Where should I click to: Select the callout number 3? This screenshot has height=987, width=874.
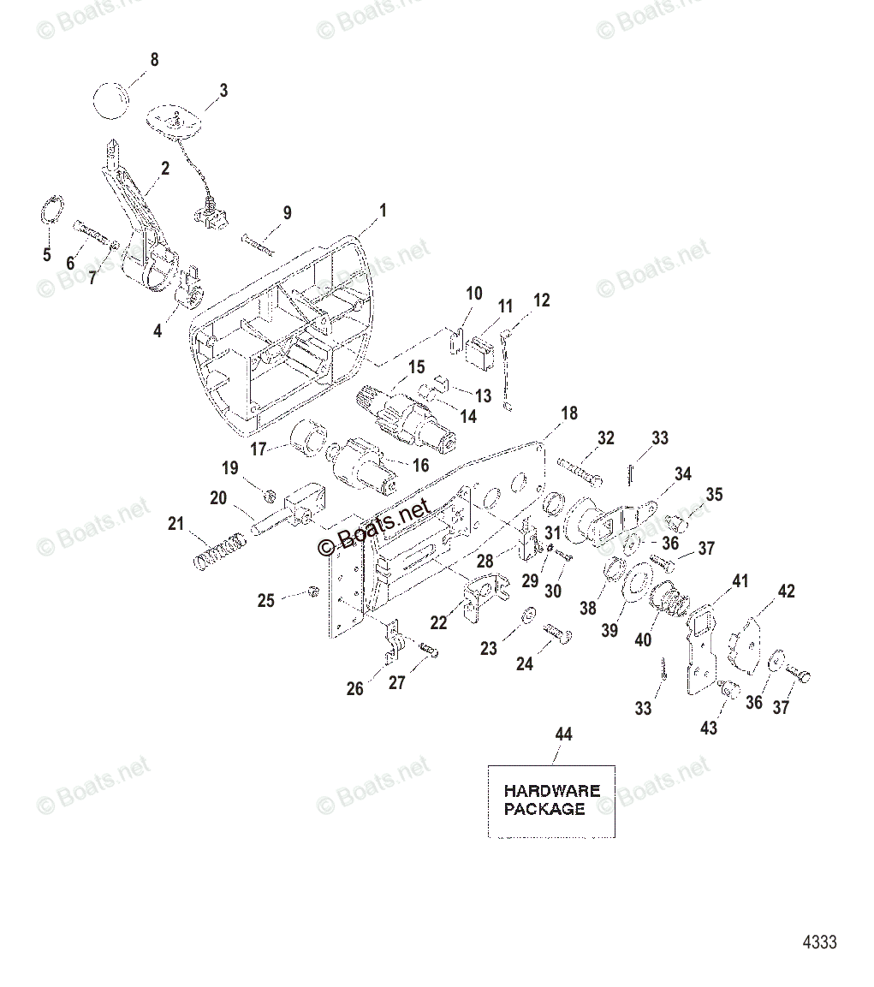coord(223,90)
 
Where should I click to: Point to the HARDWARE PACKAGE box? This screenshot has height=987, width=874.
coord(551,800)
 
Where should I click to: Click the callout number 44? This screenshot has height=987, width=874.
coord(563,734)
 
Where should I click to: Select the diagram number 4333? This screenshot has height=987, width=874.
coord(818,942)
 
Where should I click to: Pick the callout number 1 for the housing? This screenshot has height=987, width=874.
coord(383,210)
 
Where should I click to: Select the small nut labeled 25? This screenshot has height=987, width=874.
coord(313,591)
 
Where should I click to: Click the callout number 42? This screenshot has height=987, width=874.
coord(785,591)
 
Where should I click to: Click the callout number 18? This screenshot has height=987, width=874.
coord(568,413)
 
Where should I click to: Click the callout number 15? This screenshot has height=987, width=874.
coord(415,367)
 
